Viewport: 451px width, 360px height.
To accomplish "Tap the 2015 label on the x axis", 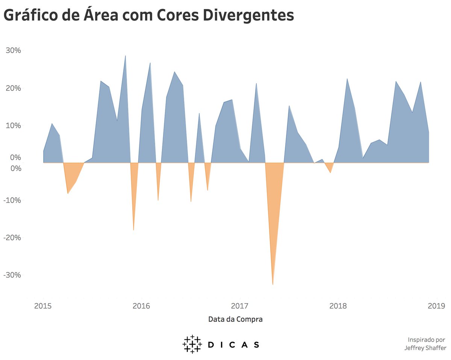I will (43, 306).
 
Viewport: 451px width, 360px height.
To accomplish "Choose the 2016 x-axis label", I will (141, 306).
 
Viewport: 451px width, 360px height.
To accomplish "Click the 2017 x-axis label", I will (240, 306).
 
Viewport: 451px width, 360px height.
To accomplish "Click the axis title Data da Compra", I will (235, 319).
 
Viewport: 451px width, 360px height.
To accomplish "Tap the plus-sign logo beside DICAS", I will (192, 344).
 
